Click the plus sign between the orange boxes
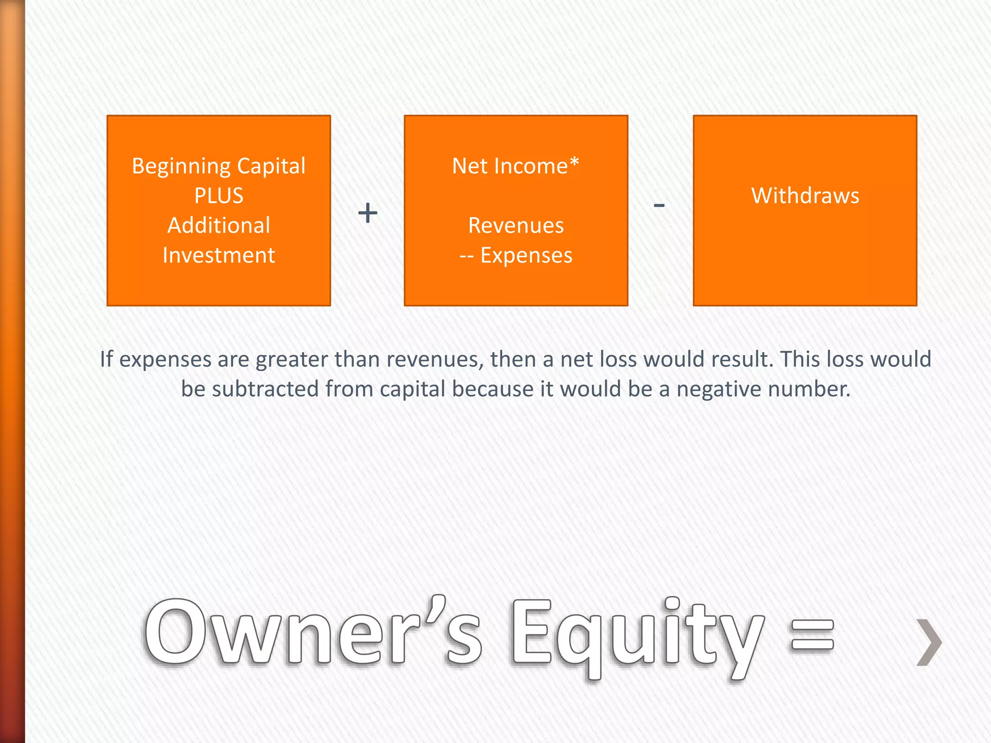click(x=368, y=213)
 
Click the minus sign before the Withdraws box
click(x=659, y=206)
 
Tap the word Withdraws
click(x=805, y=196)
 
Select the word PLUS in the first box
click(x=219, y=196)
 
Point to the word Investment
click(x=219, y=255)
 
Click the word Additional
click(x=219, y=226)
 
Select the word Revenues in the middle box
click(x=516, y=226)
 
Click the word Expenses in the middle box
click(x=526, y=255)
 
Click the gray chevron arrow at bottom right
click(x=929, y=642)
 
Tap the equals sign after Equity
click(x=812, y=635)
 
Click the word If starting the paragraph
click(x=106, y=359)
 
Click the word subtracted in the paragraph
click(x=265, y=389)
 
